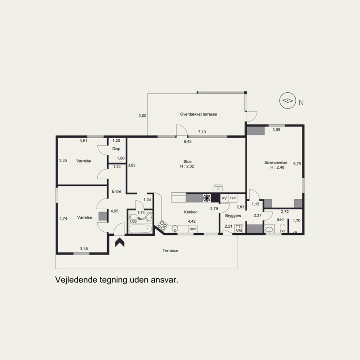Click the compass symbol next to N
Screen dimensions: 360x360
[288, 100]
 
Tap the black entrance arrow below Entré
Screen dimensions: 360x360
[120, 243]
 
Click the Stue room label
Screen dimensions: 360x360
[187, 162]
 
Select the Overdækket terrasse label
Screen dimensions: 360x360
[198, 114]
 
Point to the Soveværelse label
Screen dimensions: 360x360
[275, 162]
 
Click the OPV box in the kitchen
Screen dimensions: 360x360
[193, 229]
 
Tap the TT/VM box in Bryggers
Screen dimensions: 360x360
[239, 229]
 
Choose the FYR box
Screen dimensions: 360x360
[233, 198]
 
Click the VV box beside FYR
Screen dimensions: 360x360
[224, 198]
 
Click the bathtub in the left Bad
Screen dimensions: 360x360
[140, 229]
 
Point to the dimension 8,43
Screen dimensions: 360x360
[188, 141]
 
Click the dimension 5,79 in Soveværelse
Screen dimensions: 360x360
[297, 164]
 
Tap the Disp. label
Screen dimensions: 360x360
[117, 149]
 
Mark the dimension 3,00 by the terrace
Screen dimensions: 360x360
[142, 116]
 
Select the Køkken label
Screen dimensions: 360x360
[191, 212]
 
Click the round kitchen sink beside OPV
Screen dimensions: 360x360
[175, 229]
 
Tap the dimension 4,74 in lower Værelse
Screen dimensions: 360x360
[63, 219]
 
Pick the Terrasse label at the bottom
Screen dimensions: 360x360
[171, 251]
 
